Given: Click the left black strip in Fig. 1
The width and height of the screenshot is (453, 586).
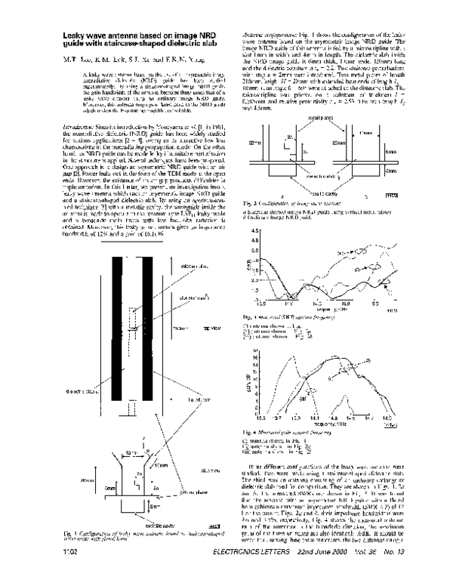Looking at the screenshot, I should click(x=116, y=325).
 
